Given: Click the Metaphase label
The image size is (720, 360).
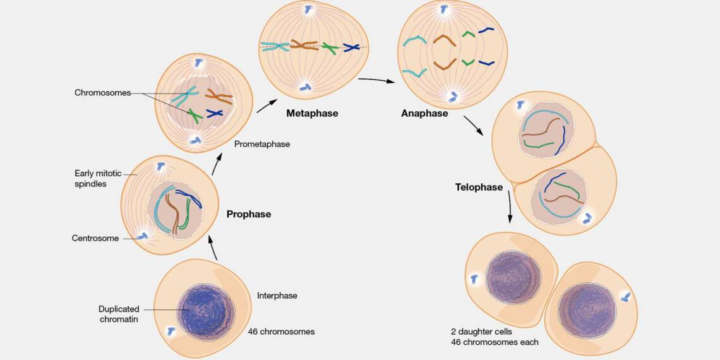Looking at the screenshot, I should pyautogui.click(x=312, y=114).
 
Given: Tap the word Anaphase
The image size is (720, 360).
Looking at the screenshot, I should pyautogui.click(x=424, y=114).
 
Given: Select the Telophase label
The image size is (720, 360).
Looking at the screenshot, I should pyautogui.click(x=479, y=188).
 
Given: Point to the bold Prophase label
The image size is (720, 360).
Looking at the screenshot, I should pyautogui.click(x=248, y=214).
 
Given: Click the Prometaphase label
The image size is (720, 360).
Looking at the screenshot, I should pyautogui.click(x=261, y=144).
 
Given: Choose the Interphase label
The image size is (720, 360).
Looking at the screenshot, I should pyautogui.click(x=277, y=296).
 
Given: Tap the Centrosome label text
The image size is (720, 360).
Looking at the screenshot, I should pyautogui.click(x=95, y=239).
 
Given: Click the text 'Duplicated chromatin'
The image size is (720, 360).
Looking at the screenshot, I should pyautogui.click(x=119, y=315).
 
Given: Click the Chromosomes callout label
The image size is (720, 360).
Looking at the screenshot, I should pyautogui.click(x=102, y=93).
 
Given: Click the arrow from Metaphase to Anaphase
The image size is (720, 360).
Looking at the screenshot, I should pyautogui.click(x=380, y=81).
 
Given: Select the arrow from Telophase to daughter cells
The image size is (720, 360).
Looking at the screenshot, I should pyautogui.click(x=510, y=207).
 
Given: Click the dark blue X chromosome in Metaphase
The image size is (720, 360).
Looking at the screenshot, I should pyautogui.click(x=351, y=47).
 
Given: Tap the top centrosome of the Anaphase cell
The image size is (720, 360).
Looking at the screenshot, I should pyautogui.click(x=444, y=10).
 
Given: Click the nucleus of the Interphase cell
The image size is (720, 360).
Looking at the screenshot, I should pyautogui.click(x=205, y=311).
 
